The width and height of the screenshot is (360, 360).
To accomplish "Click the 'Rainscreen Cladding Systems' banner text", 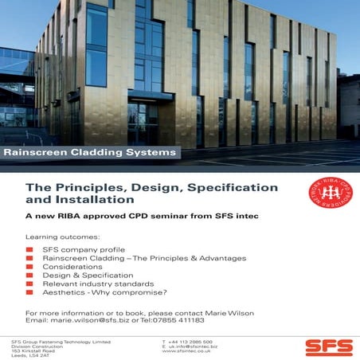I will [x=89, y=151].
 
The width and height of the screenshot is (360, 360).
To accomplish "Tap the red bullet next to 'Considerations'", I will [x=30, y=267].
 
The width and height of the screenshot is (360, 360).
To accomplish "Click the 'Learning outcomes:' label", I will [x=63, y=237].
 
